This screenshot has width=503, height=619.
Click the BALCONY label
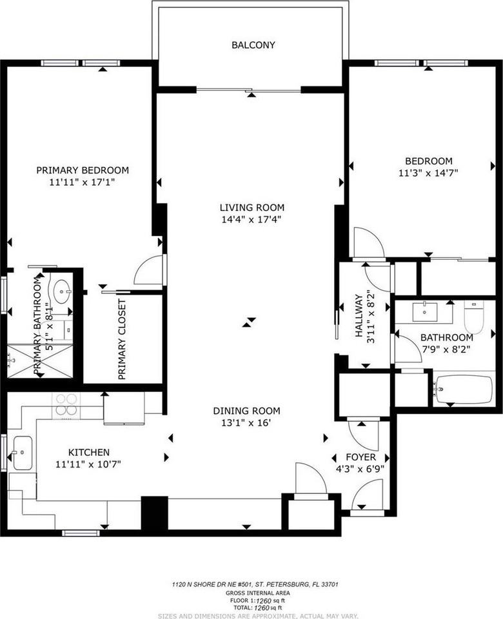(253, 45)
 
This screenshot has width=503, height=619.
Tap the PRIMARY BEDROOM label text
(83, 170)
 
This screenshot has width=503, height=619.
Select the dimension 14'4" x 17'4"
(252, 219)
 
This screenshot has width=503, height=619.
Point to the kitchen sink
(21, 453)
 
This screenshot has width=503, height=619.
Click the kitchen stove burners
(66, 404)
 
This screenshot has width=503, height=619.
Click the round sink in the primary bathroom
(63, 292)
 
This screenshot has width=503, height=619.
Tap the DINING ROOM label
(247, 411)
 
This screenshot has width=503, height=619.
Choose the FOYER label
(360, 457)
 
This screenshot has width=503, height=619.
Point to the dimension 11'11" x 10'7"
(89, 464)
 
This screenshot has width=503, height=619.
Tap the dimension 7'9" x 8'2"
(446, 349)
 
